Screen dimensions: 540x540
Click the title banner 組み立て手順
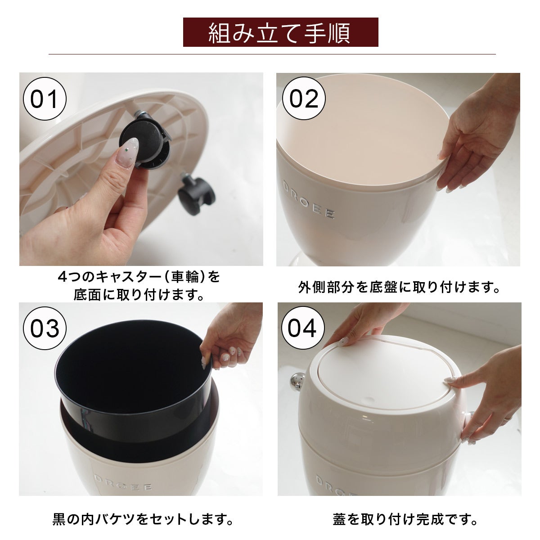280,32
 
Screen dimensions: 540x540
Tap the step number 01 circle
45,99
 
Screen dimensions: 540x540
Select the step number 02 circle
304,99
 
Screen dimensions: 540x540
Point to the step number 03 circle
45,328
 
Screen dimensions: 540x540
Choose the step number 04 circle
302,328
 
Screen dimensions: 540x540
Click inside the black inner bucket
129,373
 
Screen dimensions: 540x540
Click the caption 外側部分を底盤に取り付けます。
399,288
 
